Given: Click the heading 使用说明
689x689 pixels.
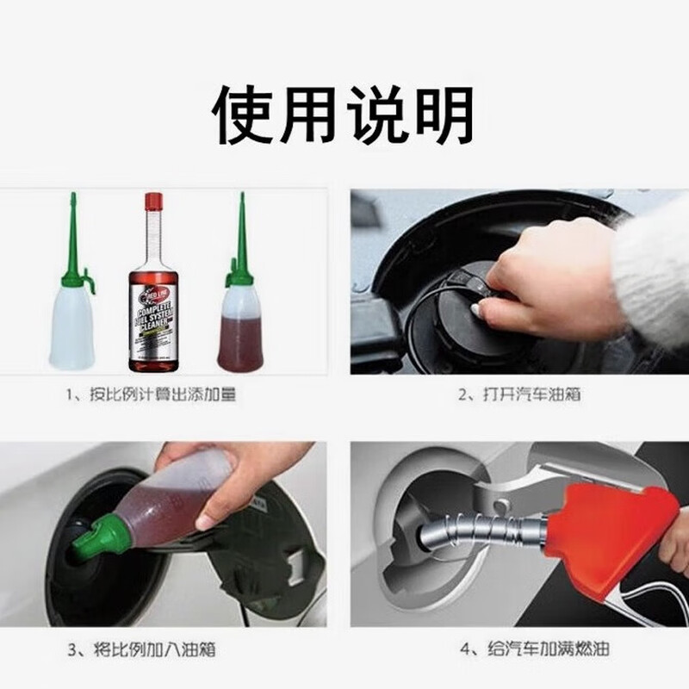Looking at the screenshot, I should pos(344,115).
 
